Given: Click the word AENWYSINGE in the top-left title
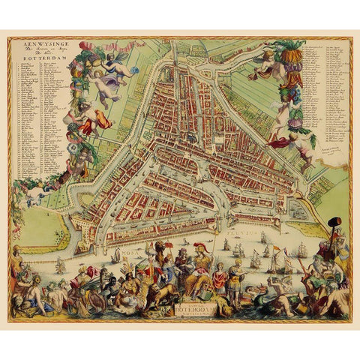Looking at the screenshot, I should click(31, 43).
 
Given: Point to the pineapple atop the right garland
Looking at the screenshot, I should click(293, 56).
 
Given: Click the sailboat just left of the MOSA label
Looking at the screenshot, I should click(116, 255).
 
